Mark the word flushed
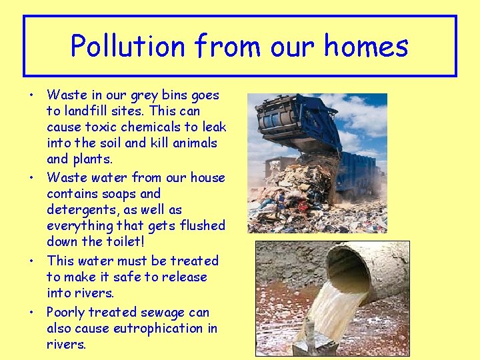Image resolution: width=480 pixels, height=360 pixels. pos(199,225)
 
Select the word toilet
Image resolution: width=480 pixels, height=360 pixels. pos(125,241)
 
